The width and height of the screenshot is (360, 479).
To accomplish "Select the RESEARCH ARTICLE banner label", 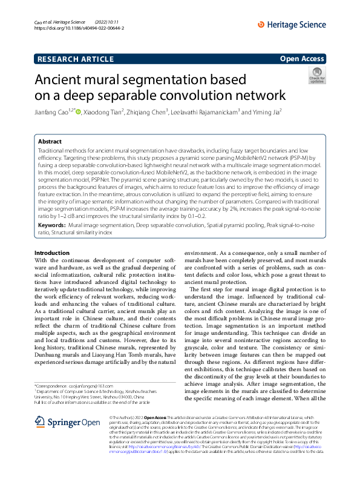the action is (75, 59).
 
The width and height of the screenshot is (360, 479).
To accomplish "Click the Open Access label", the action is (302, 59).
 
